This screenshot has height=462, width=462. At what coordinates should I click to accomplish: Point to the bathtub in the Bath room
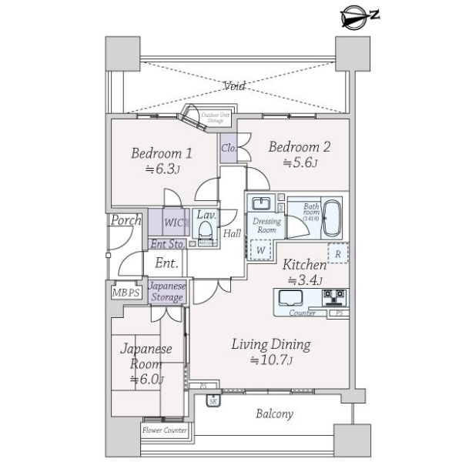(x=332, y=218)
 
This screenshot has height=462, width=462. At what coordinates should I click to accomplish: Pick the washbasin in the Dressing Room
(x=261, y=205)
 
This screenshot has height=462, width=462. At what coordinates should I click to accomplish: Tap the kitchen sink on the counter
(x=293, y=297)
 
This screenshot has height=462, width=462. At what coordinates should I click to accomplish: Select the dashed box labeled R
(x=337, y=253)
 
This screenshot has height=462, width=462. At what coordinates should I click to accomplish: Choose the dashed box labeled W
(x=261, y=250)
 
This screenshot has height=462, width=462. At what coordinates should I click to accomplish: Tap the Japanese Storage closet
(x=167, y=292)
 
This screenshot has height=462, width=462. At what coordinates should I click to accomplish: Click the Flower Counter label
(x=165, y=430)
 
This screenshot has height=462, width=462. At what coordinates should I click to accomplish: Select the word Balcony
(x=274, y=413)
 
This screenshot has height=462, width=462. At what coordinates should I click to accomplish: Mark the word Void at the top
(x=234, y=86)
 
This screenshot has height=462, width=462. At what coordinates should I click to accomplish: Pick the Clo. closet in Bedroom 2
(x=229, y=146)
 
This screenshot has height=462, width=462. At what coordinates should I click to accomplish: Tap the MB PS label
(x=126, y=292)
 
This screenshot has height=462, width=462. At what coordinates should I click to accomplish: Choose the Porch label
(x=126, y=221)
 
